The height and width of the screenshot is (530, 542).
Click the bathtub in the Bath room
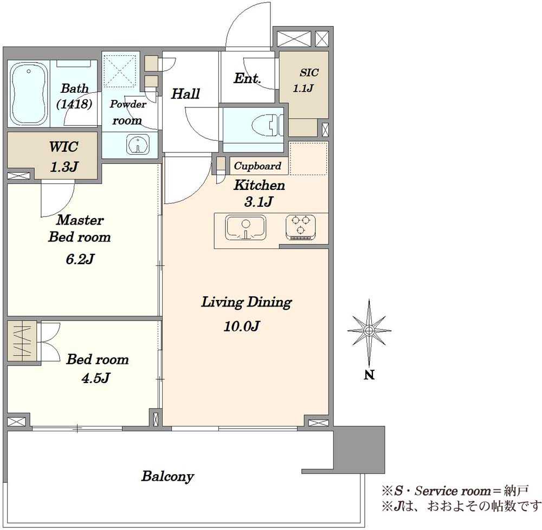(x=29, y=94)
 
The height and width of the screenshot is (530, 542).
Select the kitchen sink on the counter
(x=246, y=227)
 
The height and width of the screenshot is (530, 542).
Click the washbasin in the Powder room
(x=138, y=144)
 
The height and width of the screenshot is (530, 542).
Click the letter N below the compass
(x=369, y=375)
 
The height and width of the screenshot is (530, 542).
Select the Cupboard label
(x=257, y=166)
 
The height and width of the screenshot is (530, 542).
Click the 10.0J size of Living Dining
(x=242, y=326)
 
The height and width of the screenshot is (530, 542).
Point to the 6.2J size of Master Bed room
(x=80, y=259)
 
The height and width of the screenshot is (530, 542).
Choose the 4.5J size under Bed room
(x=96, y=378)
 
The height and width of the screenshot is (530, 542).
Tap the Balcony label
(x=167, y=476)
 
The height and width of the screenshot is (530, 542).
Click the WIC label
(x=63, y=146)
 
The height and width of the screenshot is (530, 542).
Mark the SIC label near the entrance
(x=309, y=73)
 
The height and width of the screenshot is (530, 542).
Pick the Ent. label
(x=247, y=78)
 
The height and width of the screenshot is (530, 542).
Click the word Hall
(x=185, y=94)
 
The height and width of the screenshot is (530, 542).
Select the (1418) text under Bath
(x=74, y=104)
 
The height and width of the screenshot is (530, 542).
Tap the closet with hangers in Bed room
(x=22, y=341)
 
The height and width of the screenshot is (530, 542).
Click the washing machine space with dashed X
(x=120, y=71)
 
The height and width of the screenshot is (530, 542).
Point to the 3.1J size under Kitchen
(x=258, y=201)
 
